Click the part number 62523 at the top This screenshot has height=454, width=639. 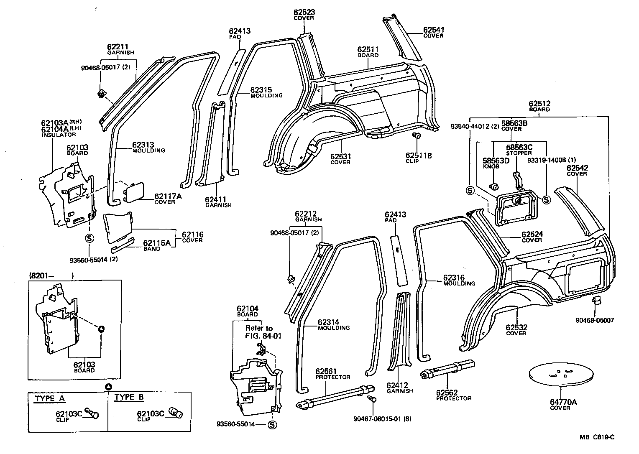pos(304,13)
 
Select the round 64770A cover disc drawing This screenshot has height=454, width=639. pos(561,375)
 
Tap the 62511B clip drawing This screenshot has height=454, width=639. pos(416,135)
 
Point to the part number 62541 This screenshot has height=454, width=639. pos(433,30)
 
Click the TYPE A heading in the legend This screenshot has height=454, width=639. pos(50,398)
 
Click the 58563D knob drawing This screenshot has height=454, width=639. pos(494,186)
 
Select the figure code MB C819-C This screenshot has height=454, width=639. pos(598,437)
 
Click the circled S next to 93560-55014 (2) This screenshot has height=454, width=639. pos(89,238)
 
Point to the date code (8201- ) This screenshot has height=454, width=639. pos(51,275)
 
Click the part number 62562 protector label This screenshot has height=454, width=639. pos(447,393)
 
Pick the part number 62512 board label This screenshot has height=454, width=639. pos(539,104)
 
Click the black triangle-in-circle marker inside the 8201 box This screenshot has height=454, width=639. pos(101,329)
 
